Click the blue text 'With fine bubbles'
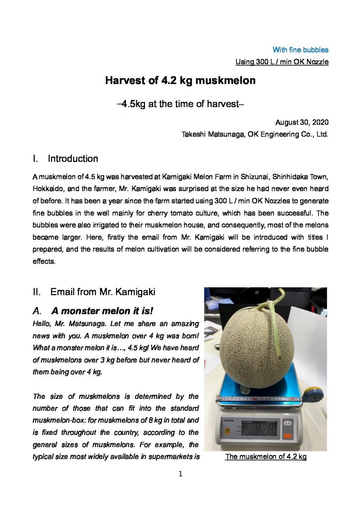pyautogui.click(x=300, y=50)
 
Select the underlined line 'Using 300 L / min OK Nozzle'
pyautogui.click(x=282, y=62)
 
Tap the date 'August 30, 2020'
pyautogui.click(x=301, y=122)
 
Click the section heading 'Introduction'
pyautogui.click(x=72, y=159)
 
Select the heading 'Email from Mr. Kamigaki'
pyautogui.click(x=103, y=292)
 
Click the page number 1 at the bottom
pyautogui.click(x=180, y=473)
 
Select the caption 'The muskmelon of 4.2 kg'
pyautogui.click(x=266, y=457)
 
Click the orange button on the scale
pyautogui.click(x=287, y=436)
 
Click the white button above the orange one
pyautogui.click(x=287, y=423)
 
